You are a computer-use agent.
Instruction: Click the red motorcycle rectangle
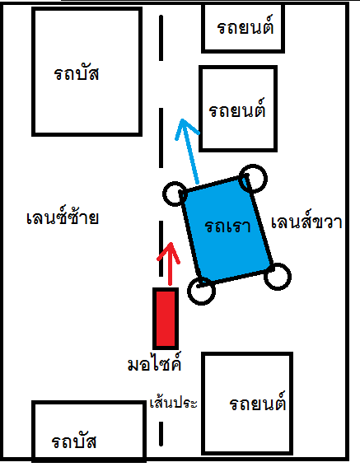pyautogui.click(x=166, y=319)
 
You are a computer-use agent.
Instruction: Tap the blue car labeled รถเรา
pyautogui.click(x=227, y=229)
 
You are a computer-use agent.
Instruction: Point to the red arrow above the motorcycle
pyautogui.click(x=170, y=264)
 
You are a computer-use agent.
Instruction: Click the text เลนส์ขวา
pyautogui.click(x=306, y=221)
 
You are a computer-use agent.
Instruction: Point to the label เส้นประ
pyautogui.click(x=174, y=403)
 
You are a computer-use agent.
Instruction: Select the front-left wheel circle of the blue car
pyautogui.click(x=175, y=194)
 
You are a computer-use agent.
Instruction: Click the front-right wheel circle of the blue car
pyautogui.click(x=253, y=179)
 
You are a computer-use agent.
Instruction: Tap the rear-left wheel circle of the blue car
pyautogui.click(x=202, y=291)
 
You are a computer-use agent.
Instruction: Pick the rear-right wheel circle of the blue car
pyautogui.click(x=278, y=277)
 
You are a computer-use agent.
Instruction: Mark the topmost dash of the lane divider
pyautogui.click(x=161, y=38)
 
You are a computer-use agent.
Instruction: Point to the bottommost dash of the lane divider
pyautogui.click(x=161, y=433)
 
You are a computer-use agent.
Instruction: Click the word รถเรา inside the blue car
pyautogui.click(x=227, y=226)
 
